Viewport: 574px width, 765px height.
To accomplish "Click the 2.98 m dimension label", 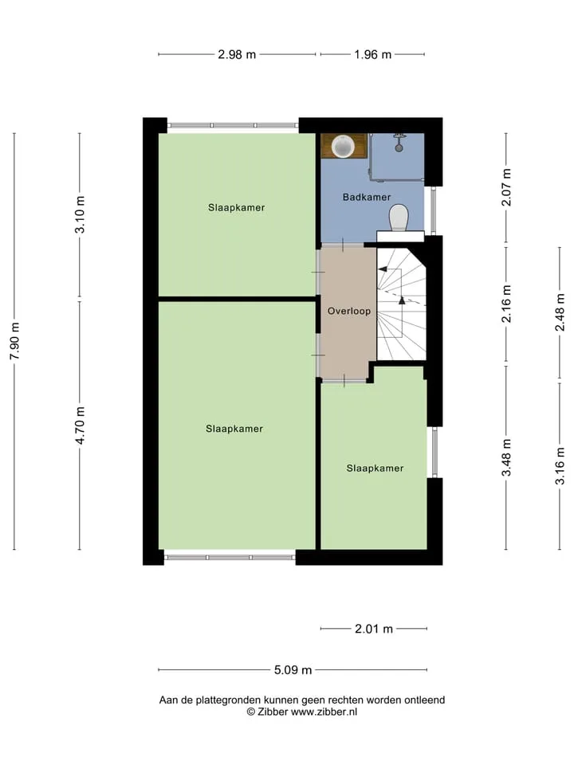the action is (237, 55).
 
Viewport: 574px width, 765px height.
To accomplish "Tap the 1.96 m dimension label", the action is (373, 55).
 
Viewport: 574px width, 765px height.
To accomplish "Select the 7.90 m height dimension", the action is (14, 341).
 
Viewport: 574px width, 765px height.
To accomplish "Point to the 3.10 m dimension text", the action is (80, 214).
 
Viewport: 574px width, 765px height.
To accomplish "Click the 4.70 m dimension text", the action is (80, 426).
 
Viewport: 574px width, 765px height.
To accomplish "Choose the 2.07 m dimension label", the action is (507, 187).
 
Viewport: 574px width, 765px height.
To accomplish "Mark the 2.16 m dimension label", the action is (507, 304).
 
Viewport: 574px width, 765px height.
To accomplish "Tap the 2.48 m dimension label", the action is (560, 312).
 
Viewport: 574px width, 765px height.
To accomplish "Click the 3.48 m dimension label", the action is (507, 457).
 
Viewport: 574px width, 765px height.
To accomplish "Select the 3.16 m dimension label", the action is (560, 465).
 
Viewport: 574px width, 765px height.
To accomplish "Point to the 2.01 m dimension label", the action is (374, 629).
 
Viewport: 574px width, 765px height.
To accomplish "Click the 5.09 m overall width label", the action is (293, 670).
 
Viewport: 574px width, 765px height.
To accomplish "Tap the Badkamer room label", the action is (367, 197).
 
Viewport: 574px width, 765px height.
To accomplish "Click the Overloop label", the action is (349, 312).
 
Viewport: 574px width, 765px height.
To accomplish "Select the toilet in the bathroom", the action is (399, 218).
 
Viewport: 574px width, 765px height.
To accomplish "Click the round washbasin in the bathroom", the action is (343, 146).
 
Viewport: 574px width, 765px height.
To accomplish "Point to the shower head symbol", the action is (399, 142).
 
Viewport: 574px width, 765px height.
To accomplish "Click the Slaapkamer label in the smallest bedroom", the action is (375, 469).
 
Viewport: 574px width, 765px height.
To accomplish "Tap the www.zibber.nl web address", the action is (324, 712).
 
